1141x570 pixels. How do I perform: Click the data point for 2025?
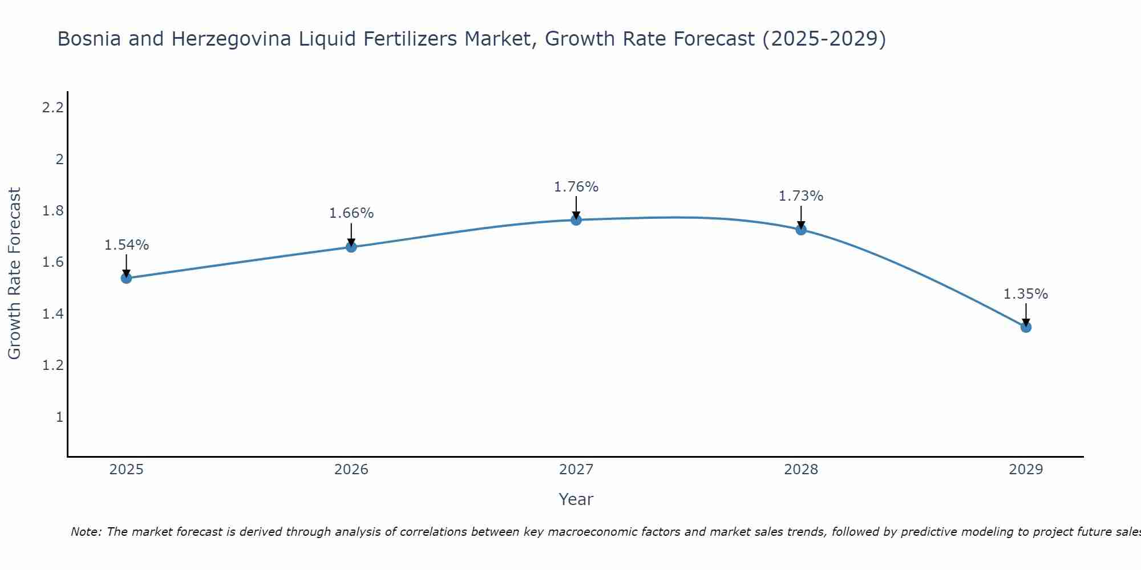(x=127, y=278)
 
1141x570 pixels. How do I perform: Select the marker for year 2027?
(x=576, y=220)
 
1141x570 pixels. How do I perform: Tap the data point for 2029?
(x=1026, y=327)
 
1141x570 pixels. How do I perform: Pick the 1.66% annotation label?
(x=351, y=213)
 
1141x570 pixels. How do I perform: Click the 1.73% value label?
(x=801, y=196)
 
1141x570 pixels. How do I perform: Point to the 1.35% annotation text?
(x=1026, y=294)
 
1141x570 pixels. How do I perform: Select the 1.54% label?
(x=127, y=245)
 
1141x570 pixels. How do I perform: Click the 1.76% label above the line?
(x=576, y=187)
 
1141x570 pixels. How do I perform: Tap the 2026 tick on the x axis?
(x=351, y=470)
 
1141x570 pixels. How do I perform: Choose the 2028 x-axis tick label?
(x=801, y=470)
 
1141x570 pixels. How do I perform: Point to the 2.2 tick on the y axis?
(x=52, y=107)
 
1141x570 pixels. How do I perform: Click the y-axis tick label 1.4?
(x=52, y=314)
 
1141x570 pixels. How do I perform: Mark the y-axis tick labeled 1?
(x=59, y=417)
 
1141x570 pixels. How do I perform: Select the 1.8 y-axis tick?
(x=52, y=211)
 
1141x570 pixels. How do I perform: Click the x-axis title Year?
(x=576, y=499)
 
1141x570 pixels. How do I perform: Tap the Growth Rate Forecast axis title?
(x=15, y=274)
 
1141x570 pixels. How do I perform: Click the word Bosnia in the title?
(x=91, y=39)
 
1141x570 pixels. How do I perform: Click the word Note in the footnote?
(x=85, y=532)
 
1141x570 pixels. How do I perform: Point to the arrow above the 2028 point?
(x=801, y=217)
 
